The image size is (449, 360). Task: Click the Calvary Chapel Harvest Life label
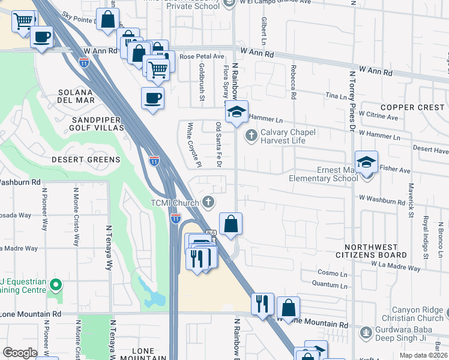click(x=283, y=137)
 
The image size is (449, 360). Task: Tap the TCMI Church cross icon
click(x=208, y=202)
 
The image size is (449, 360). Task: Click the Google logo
click(x=20, y=353)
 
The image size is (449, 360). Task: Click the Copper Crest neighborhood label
click(x=412, y=107)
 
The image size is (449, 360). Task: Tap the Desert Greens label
click(x=86, y=160)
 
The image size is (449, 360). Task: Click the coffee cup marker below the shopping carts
click(x=152, y=98)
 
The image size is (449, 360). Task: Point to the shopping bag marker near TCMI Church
click(x=231, y=225)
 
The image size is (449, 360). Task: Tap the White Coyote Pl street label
click(x=191, y=145)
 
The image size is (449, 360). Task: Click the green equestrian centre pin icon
click(x=56, y=284)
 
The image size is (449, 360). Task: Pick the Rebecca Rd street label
click(x=294, y=82)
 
